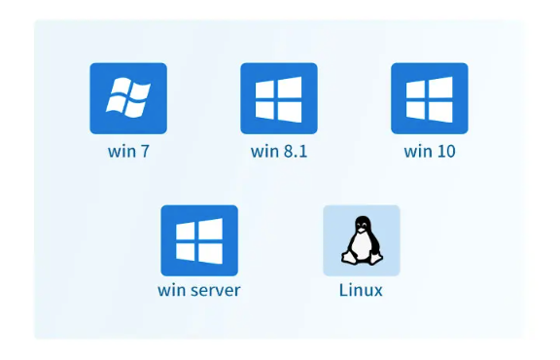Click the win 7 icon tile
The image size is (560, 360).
tap(128, 98)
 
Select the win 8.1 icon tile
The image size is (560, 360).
tap(279, 98)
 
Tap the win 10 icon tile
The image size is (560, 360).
tap(430, 98)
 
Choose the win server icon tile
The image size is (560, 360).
tap(199, 240)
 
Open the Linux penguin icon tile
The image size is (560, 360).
tap(362, 240)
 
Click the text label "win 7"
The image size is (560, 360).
tap(128, 151)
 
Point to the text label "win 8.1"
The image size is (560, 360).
tap(279, 151)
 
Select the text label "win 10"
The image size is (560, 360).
tap(430, 151)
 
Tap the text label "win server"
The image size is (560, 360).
tap(199, 290)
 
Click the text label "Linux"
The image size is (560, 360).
tap(361, 290)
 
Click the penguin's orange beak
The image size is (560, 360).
tap(362, 230)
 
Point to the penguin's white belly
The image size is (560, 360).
tap(362, 247)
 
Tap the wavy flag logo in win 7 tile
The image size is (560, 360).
tap(128, 98)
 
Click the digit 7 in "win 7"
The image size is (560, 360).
tap(145, 151)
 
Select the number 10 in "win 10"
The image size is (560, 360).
tap(445, 151)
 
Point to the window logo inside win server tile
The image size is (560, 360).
tap(199, 241)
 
